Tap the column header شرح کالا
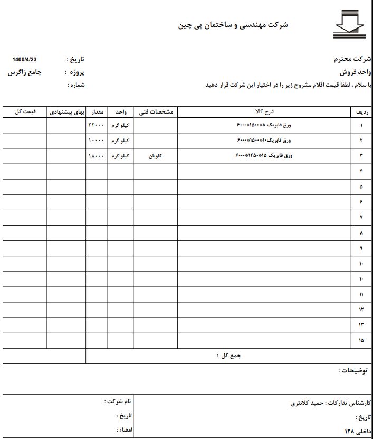pyautogui.click(x=265, y=112)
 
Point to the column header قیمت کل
pyautogui.click(x=25, y=112)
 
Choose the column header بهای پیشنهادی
pyautogui.click(x=67, y=112)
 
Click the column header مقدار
pyautogui.click(x=97, y=112)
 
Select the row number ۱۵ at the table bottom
pyautogui.click(x=361, y=340)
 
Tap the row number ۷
pyautogui.click(x=361, y=218)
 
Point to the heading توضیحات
pyautogui.click(x=354, y=371)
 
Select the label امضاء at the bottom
pyautogui.click(x=125, y=430)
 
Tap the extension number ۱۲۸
pyautogui.click(x=345, y=430)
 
